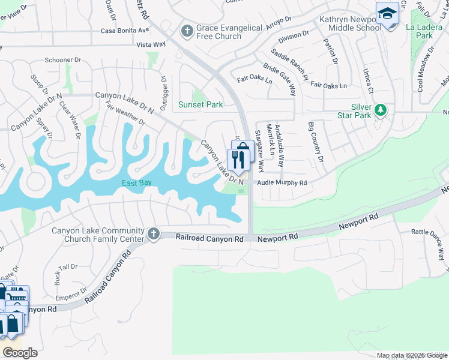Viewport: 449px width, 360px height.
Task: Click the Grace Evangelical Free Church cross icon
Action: pos(187,30)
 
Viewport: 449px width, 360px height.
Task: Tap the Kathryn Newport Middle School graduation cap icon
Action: pos(387,13)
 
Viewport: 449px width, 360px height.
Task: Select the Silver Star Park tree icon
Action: pos(380,110)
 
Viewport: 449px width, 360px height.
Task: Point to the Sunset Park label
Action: pos(200,105)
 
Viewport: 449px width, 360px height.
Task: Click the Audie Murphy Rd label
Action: pos(282,183)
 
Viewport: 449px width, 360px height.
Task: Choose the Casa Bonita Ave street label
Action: pos(125,31)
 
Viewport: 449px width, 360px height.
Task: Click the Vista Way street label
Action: pos(151,44)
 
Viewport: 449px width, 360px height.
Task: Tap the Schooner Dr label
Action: pos(63,60)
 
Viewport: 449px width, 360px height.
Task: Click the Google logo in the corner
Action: pos(20,353)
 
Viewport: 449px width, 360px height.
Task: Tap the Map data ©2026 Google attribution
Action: pos(412,355)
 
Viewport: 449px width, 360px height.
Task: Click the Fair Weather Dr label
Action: pos(125,113)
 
